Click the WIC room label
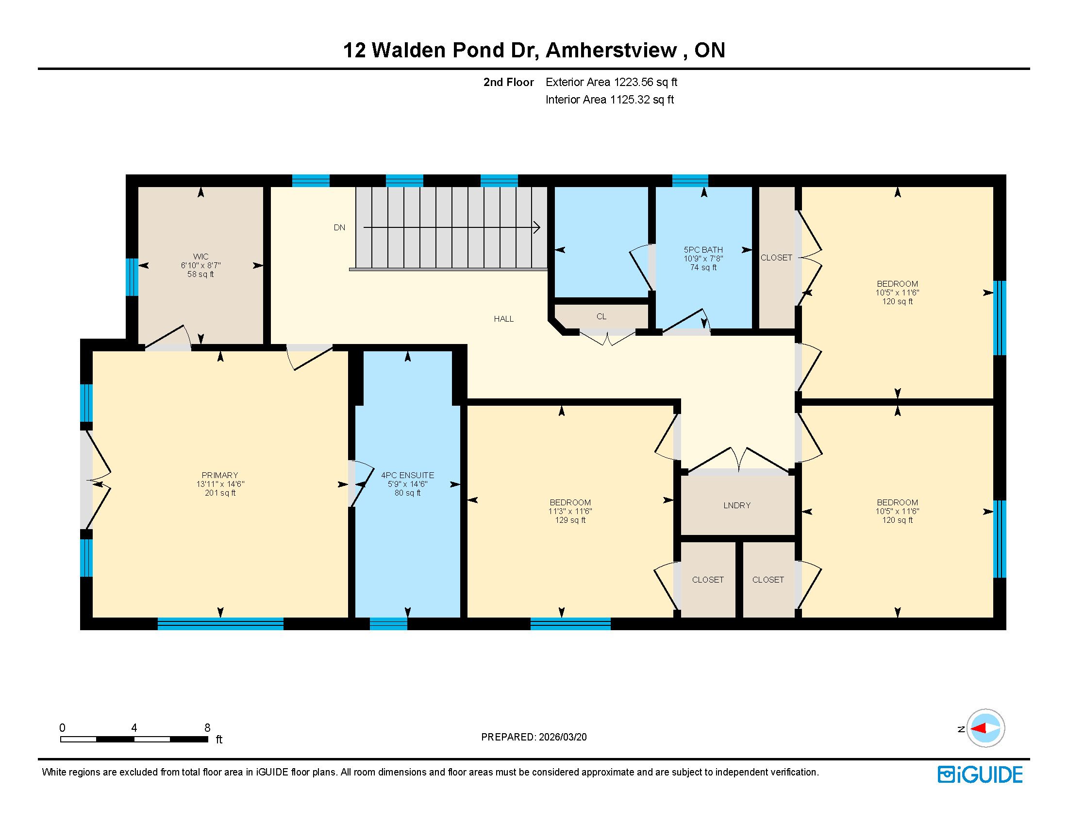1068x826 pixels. (200, 257)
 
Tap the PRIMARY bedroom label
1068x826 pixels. (220, 475)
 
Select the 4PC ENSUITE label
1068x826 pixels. (407, 475)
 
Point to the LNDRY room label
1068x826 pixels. (737, 505)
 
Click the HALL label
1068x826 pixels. (504, 319)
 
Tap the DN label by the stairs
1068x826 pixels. (339, 227)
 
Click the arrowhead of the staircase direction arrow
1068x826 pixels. (536, 227)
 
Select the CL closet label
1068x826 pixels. (601, 317)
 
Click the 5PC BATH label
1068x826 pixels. (703, 250)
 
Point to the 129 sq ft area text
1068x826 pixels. (570, 520)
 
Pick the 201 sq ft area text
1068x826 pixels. (220, 493)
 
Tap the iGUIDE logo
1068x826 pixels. (980, 774)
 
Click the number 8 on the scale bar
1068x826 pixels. (207, 728)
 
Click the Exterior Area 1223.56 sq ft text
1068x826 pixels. (611, 82)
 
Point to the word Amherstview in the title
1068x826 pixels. (611, 51)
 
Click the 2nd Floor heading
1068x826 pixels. (509, 82)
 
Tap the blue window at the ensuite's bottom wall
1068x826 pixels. (388, 623)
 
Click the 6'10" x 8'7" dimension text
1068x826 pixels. (200, 265)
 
